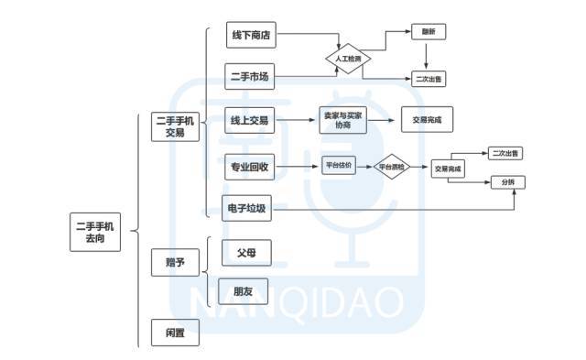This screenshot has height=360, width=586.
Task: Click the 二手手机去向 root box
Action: [95, 230]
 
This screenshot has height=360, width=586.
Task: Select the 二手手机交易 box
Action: [175, 125]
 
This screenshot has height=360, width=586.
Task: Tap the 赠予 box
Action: [175, 263]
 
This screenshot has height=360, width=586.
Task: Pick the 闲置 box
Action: [175, 332]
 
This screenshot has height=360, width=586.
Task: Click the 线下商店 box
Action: [249, 37]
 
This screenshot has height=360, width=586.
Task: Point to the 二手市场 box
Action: [249, 77]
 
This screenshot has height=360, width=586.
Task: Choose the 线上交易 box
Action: [249, 120]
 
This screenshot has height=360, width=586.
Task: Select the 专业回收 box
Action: [249, 168]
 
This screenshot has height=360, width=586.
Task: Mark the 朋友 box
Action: [244, 291]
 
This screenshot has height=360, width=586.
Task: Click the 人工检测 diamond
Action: [348, 59]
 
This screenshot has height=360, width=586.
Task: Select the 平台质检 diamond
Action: [392, 168]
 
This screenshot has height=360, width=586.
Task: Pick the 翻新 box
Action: [429, 31]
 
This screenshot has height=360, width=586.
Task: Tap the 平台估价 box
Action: [339, 167]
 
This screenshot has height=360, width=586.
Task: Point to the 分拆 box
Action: [507, 182]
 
